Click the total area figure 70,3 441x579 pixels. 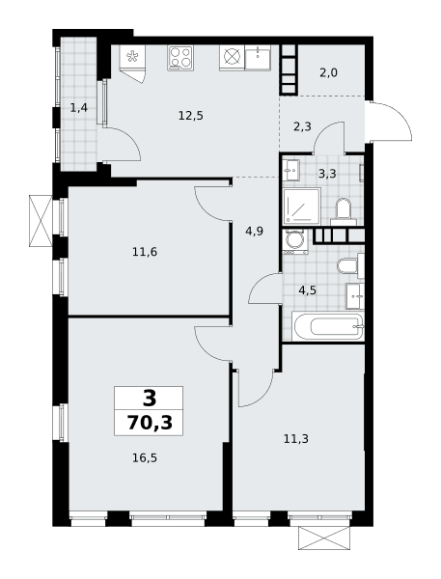click(150, 423)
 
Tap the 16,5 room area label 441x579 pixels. click(145, 458)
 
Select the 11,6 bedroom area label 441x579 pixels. click(145, 252)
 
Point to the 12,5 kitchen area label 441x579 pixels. click(191, 116)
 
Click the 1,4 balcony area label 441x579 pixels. click(79, 108)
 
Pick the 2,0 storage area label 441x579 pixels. click(328, 72)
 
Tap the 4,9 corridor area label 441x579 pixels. click(255, 232)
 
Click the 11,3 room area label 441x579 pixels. click(296, 439)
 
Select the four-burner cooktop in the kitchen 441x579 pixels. click(180, 58)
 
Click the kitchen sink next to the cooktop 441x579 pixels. click(258, 58)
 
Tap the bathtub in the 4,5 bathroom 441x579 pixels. click(328, 326)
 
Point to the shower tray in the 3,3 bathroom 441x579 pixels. click(302, 207)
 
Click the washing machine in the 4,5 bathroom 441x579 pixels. click(295, 241)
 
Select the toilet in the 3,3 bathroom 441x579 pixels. click(344, 211)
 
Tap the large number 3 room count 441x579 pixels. click(150, 399)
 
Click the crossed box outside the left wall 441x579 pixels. click(41, 221)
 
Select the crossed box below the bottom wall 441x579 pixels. click(324, 538)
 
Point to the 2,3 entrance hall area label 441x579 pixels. click(302, 127)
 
